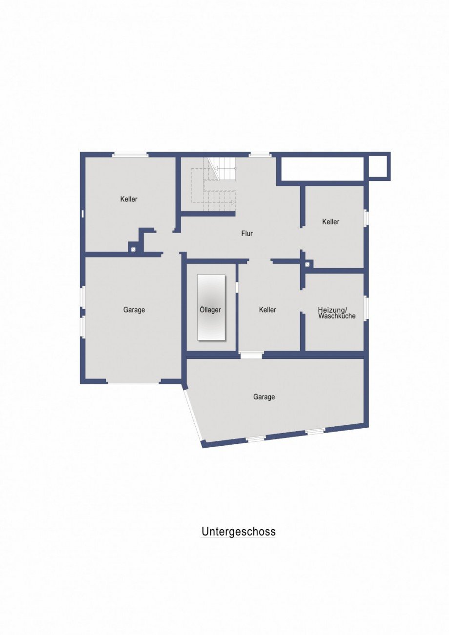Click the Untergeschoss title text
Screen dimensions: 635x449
(x=239, y=532)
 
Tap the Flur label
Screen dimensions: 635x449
(x=247, y=234)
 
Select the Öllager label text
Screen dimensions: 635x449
(x=210, y=310)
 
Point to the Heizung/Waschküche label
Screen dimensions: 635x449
(x=336, y=313)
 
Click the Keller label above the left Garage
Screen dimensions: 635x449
(x=129, y=199)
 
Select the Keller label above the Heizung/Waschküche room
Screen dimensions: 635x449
(x=330, y=222)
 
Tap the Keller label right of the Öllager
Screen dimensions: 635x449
(x=267, y=310)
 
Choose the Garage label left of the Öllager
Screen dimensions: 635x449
(x=134, y=310)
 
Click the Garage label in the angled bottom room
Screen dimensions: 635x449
(x=264, y=397)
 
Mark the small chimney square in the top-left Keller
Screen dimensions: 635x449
(x=133, y=249)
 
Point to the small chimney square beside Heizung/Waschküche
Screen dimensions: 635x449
(x=307, y=264)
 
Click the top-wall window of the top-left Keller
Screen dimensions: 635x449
(x=130, y=155)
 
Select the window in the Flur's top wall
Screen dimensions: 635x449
(x=260, y=155)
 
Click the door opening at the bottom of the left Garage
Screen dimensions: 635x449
(x=133, y=381)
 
